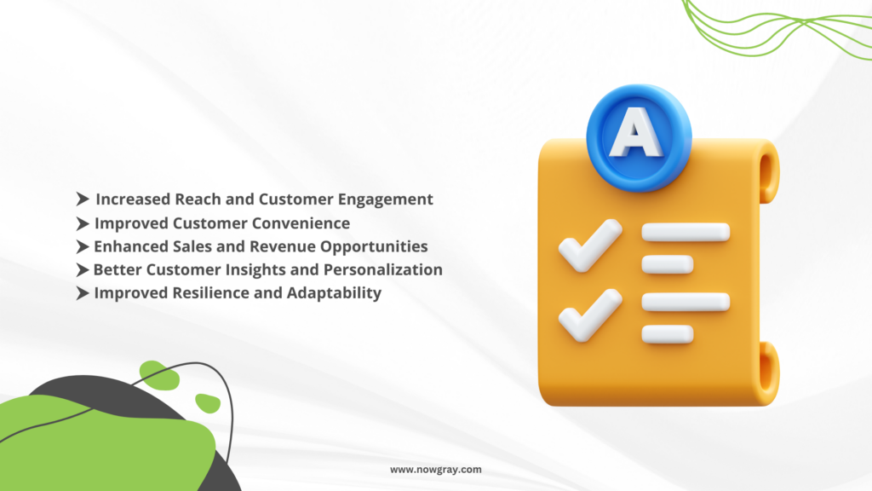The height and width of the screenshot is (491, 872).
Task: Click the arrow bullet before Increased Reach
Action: click(x=83, y=199)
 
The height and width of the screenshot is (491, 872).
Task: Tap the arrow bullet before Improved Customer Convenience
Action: click(x=83, y=223)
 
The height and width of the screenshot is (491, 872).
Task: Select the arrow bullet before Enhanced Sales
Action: click(x=83, y=246)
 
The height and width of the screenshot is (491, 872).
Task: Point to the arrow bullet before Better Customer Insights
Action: click(x=83, y=270)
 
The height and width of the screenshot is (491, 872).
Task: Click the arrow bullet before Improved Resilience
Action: click(x=83, y=293)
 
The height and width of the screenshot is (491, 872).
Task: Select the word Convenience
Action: click(x=301, y=223)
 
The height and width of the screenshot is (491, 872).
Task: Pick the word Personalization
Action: click(x=383, y=270)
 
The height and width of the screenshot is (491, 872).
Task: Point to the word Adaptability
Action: click(x=334, y=293)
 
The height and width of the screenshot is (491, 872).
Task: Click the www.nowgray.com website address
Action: click(x=435, y=470)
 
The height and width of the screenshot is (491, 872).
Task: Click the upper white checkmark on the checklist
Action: click(x=589, y=245)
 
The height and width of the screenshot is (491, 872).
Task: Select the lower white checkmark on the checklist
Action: click(x=589, y=315)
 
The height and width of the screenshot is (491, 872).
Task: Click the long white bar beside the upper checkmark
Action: click(x=686, y=232)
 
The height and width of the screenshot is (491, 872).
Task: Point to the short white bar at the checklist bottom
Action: click(x=668, y=334)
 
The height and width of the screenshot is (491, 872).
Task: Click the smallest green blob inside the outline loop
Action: click(x=208, y=402)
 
